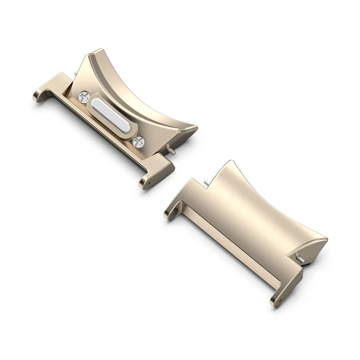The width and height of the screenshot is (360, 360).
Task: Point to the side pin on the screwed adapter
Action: pyautogui.click(x=172, y=152)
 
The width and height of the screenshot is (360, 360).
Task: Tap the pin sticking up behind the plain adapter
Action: pyautogui.click(x=206, y=181)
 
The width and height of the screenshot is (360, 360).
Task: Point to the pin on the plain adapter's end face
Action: pyautogui.click(x=299, y=257)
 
